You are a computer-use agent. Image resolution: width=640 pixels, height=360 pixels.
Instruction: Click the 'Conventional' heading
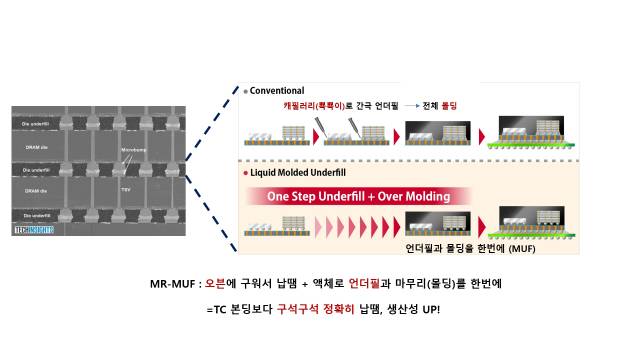[279, 90]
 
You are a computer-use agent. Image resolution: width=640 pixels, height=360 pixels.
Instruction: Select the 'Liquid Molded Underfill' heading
[301, 172]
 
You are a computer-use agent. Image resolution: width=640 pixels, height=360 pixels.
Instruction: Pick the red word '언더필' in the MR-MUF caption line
[364, 284]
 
